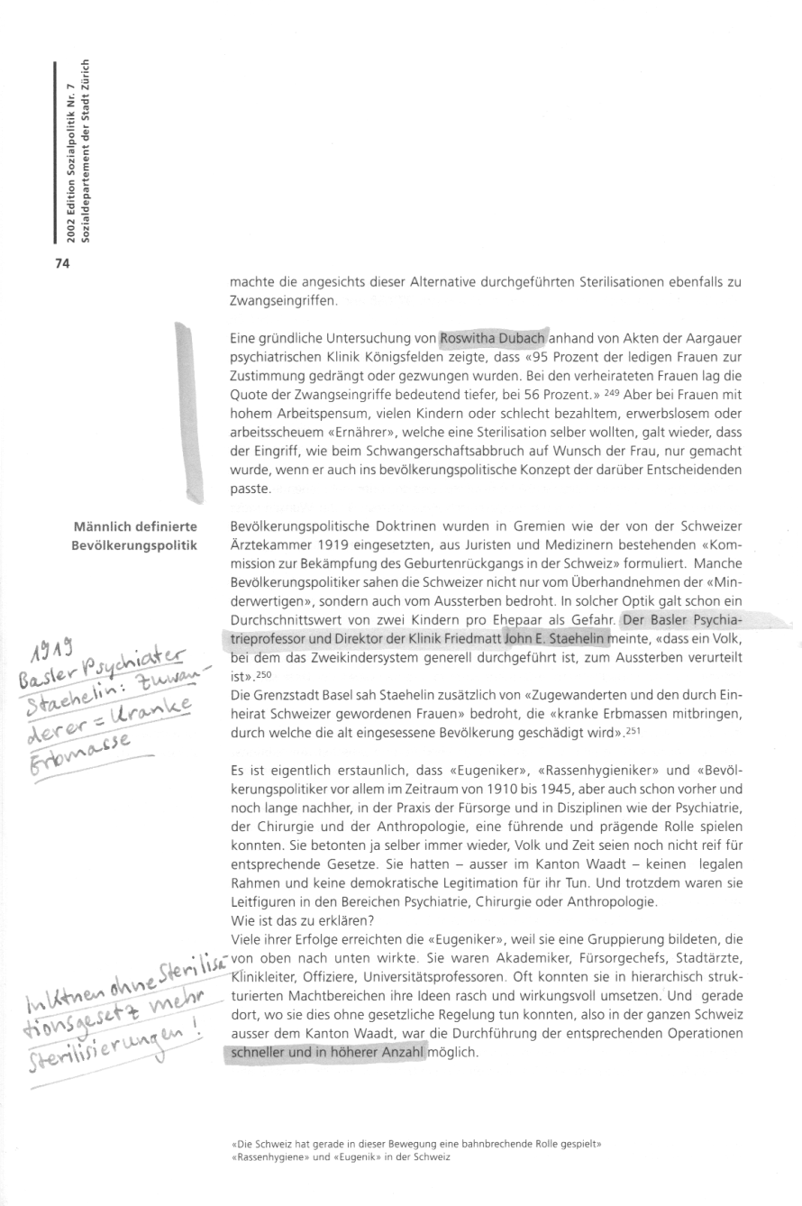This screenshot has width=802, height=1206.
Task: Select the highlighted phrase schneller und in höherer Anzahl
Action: tap(327, 1051)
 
